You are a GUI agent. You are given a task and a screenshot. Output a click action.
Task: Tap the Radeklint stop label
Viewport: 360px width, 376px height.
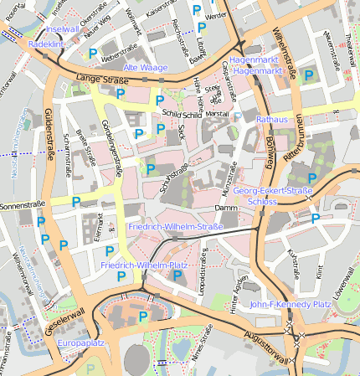click(46, 43)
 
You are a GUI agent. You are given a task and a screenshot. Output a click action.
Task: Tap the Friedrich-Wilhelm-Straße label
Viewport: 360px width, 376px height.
click(176, 227)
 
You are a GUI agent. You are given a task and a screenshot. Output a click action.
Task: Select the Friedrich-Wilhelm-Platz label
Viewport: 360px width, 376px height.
click(143, 265)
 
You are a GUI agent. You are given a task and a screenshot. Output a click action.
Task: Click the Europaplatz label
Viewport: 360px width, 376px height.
click(80, 343)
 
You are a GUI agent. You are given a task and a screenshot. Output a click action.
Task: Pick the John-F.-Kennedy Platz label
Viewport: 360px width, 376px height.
click(291, 304)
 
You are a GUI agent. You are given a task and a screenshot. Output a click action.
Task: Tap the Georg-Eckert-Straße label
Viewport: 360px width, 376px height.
click(273, 191)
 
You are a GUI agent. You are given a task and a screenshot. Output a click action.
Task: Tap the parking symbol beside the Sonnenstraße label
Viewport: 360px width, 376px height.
click(76, 202)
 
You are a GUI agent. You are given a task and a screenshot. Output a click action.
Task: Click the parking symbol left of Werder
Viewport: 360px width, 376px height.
click(197, 10)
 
